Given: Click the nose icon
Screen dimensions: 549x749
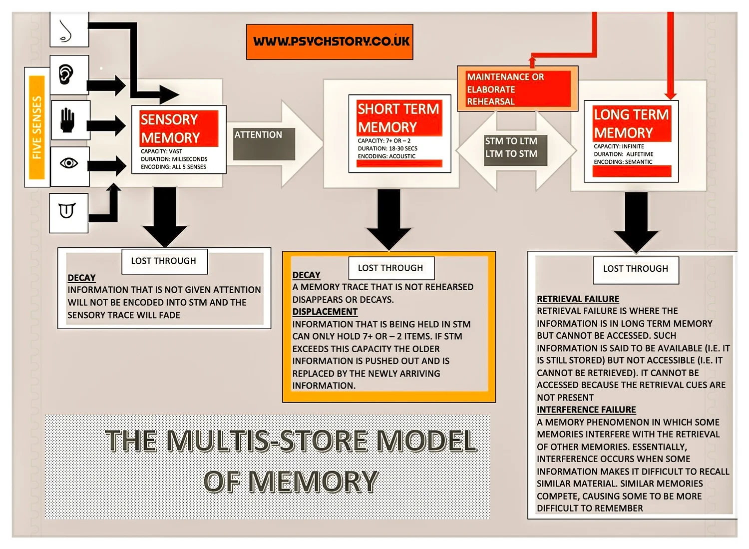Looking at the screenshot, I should click(66, 31).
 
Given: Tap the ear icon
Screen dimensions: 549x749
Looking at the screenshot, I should click(66, 75).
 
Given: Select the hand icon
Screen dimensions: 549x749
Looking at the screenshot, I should click(67, 120).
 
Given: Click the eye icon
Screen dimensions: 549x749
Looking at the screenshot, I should click(69, 163).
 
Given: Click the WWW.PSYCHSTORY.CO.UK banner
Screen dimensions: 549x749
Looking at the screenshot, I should click(330, 41).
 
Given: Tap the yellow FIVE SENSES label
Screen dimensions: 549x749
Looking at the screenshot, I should click(37, 128).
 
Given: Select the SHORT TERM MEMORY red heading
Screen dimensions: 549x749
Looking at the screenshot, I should click(398, 118).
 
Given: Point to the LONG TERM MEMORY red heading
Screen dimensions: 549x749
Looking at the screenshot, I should click(631, 123).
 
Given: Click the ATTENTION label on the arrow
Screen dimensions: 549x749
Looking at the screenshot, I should click(259, 135).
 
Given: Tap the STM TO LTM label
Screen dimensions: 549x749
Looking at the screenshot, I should click(511, 141).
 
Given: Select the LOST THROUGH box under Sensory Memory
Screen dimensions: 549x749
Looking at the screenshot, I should click(164, 261).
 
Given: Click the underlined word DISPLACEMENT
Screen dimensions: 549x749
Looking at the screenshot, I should click(325, 312).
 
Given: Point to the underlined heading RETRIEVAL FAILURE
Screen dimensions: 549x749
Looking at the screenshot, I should click(578, 299).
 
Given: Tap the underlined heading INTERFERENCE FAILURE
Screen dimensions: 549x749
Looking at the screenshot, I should click(586, 410).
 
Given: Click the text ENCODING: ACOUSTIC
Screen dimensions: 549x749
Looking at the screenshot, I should click(386, 156).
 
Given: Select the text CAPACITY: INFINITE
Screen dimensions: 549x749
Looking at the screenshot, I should click(619, 146).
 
